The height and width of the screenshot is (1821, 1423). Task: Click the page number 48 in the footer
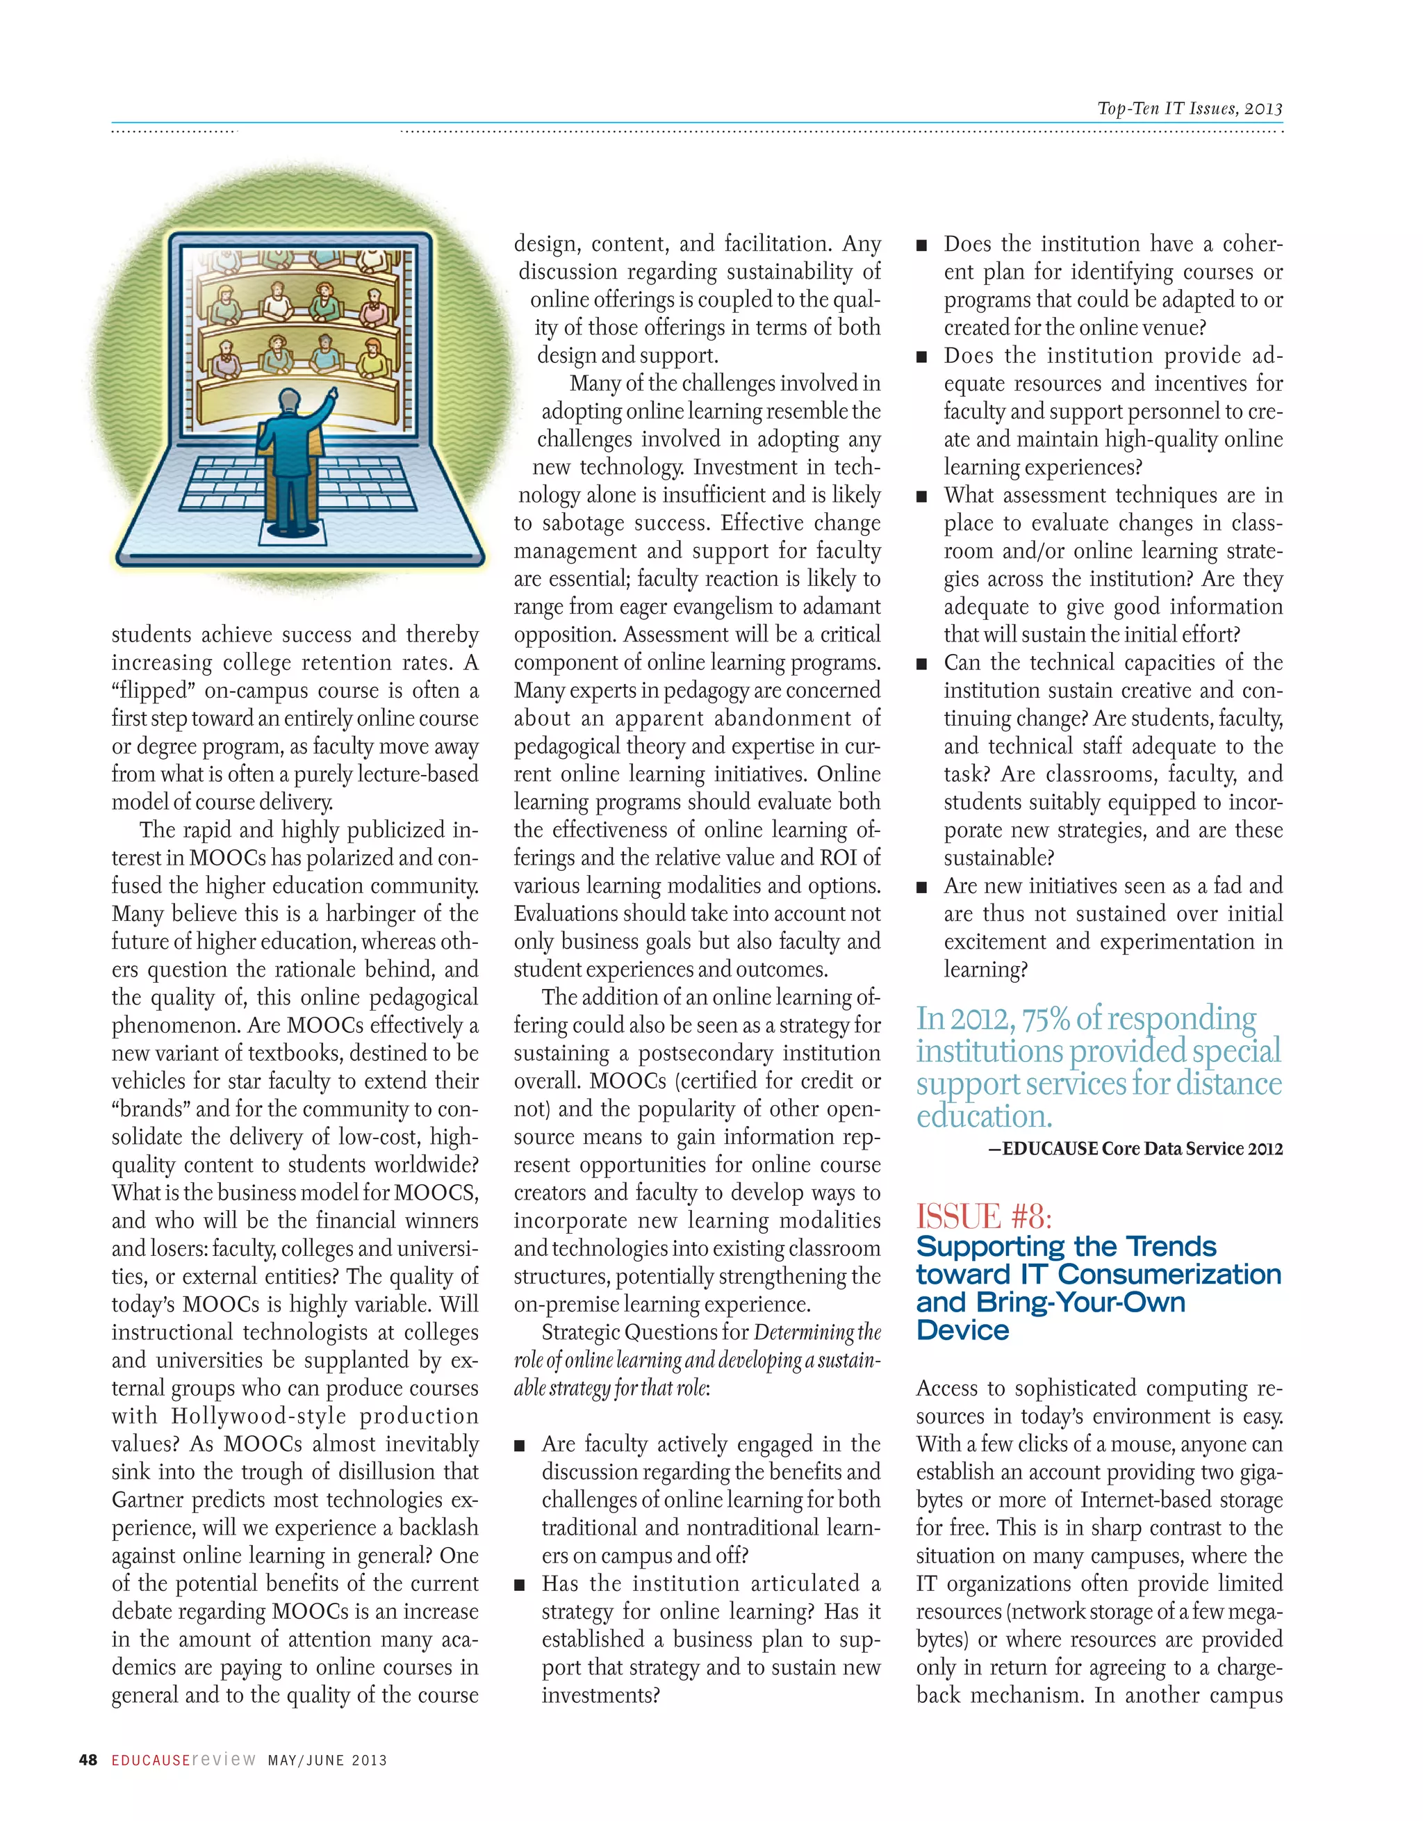coord(88,1760)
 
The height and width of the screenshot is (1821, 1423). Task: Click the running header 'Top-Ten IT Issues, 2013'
coord(1190,108)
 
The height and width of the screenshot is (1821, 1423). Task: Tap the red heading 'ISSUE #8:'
coord(984,1216)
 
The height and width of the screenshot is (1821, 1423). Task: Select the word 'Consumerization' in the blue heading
coord(1169,1275)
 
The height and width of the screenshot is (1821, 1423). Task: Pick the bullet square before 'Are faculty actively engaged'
coord(520,1446)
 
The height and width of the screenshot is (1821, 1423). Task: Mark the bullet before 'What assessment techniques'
coord(922,497)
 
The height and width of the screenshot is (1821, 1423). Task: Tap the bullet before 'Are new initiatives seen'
coord(922,887)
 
